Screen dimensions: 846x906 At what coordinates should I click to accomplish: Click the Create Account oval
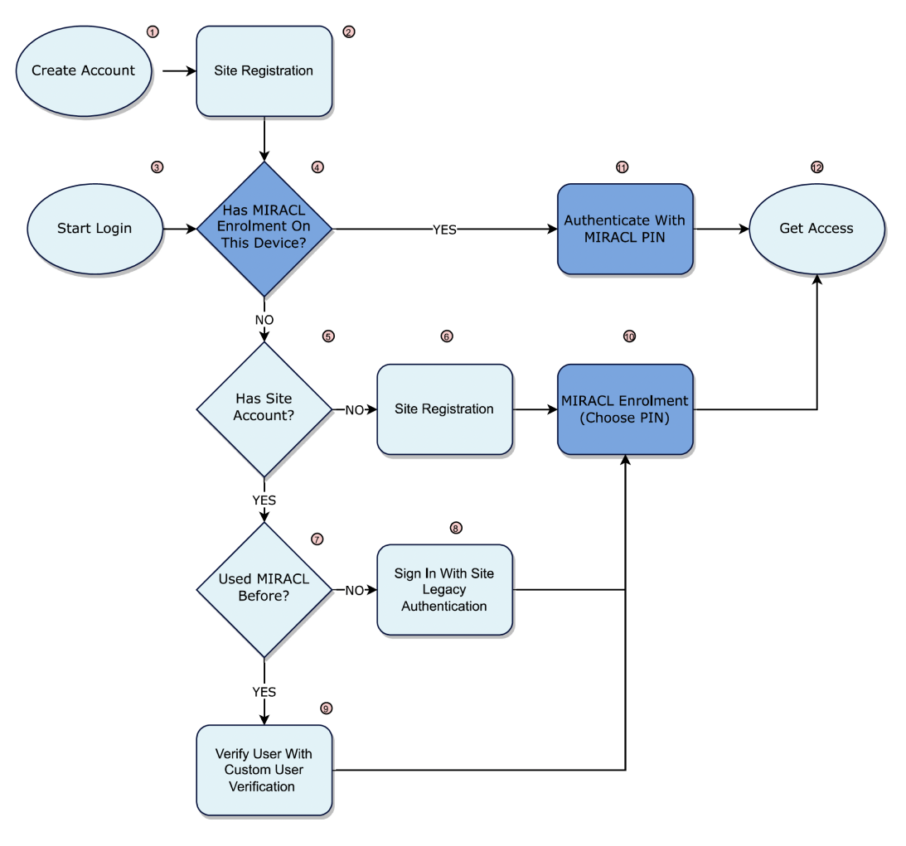click(83, 70)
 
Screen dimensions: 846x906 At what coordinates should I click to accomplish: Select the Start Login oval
click(94, 228)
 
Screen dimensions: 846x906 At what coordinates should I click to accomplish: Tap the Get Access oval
click(816, 228)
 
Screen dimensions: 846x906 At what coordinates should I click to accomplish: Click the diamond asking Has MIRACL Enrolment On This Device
click(264, 228)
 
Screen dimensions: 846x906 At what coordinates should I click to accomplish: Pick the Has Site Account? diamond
click(264, 408)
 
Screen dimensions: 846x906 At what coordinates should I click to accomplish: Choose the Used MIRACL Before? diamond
click(264, 589)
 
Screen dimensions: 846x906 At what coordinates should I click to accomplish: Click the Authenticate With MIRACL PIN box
click(624, 229)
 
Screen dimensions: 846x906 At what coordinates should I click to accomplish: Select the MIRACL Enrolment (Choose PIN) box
click(624, 408)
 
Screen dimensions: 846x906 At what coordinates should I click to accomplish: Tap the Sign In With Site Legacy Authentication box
click(444, 589)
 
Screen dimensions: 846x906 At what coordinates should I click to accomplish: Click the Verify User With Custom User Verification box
click(264, 770)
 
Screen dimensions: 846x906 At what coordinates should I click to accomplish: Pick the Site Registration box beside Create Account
click(264, 70)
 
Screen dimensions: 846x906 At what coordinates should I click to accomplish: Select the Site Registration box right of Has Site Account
click(444, 408)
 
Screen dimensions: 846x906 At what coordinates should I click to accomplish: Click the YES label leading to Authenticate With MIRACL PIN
click(444, 230)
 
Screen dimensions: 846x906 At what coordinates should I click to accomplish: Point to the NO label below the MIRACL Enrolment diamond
click(264, 319)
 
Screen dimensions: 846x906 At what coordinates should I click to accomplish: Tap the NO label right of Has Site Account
click(354, 409)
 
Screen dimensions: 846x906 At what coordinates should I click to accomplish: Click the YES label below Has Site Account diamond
click(264, 500)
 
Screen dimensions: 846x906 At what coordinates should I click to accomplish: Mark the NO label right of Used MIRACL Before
click(354, 590)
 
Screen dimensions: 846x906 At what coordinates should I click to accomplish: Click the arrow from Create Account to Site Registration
click(177, 71)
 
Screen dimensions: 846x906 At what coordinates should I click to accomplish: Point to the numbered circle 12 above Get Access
click(816, 167)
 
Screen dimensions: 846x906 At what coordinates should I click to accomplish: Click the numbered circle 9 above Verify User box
click(326, 708)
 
